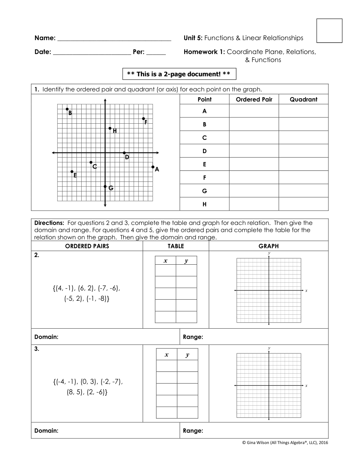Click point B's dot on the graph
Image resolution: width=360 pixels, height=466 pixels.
click(67, 109)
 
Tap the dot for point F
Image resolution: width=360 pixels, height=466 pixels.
click(143, 119)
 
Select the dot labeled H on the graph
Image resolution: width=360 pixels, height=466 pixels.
click(110, 128)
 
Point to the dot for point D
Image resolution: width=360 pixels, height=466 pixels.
click(124, 153)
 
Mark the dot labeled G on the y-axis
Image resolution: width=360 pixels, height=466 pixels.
click(105, 187)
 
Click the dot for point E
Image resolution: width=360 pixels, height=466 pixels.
click(72, 172)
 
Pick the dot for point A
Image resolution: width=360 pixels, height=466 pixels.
click(153, 167)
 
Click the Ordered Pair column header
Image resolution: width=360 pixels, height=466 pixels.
click(254, 99)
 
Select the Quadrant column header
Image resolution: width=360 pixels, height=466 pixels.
click(303, 99)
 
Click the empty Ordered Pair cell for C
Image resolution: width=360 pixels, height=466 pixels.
click(254, 138)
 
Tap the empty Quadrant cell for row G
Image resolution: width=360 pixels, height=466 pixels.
click(303, 191)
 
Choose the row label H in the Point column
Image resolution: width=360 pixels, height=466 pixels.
click(204, 204)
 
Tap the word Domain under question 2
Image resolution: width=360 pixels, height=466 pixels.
click(46, 337)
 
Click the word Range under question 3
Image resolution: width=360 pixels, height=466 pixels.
click(193, 431)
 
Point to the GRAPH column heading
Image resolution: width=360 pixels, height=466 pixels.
click(268, 246)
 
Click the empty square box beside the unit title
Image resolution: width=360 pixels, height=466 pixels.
click(329, 31)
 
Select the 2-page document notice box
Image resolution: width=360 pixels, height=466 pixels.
click(179, 74)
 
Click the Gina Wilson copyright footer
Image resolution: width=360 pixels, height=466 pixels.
click(285, 442)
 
